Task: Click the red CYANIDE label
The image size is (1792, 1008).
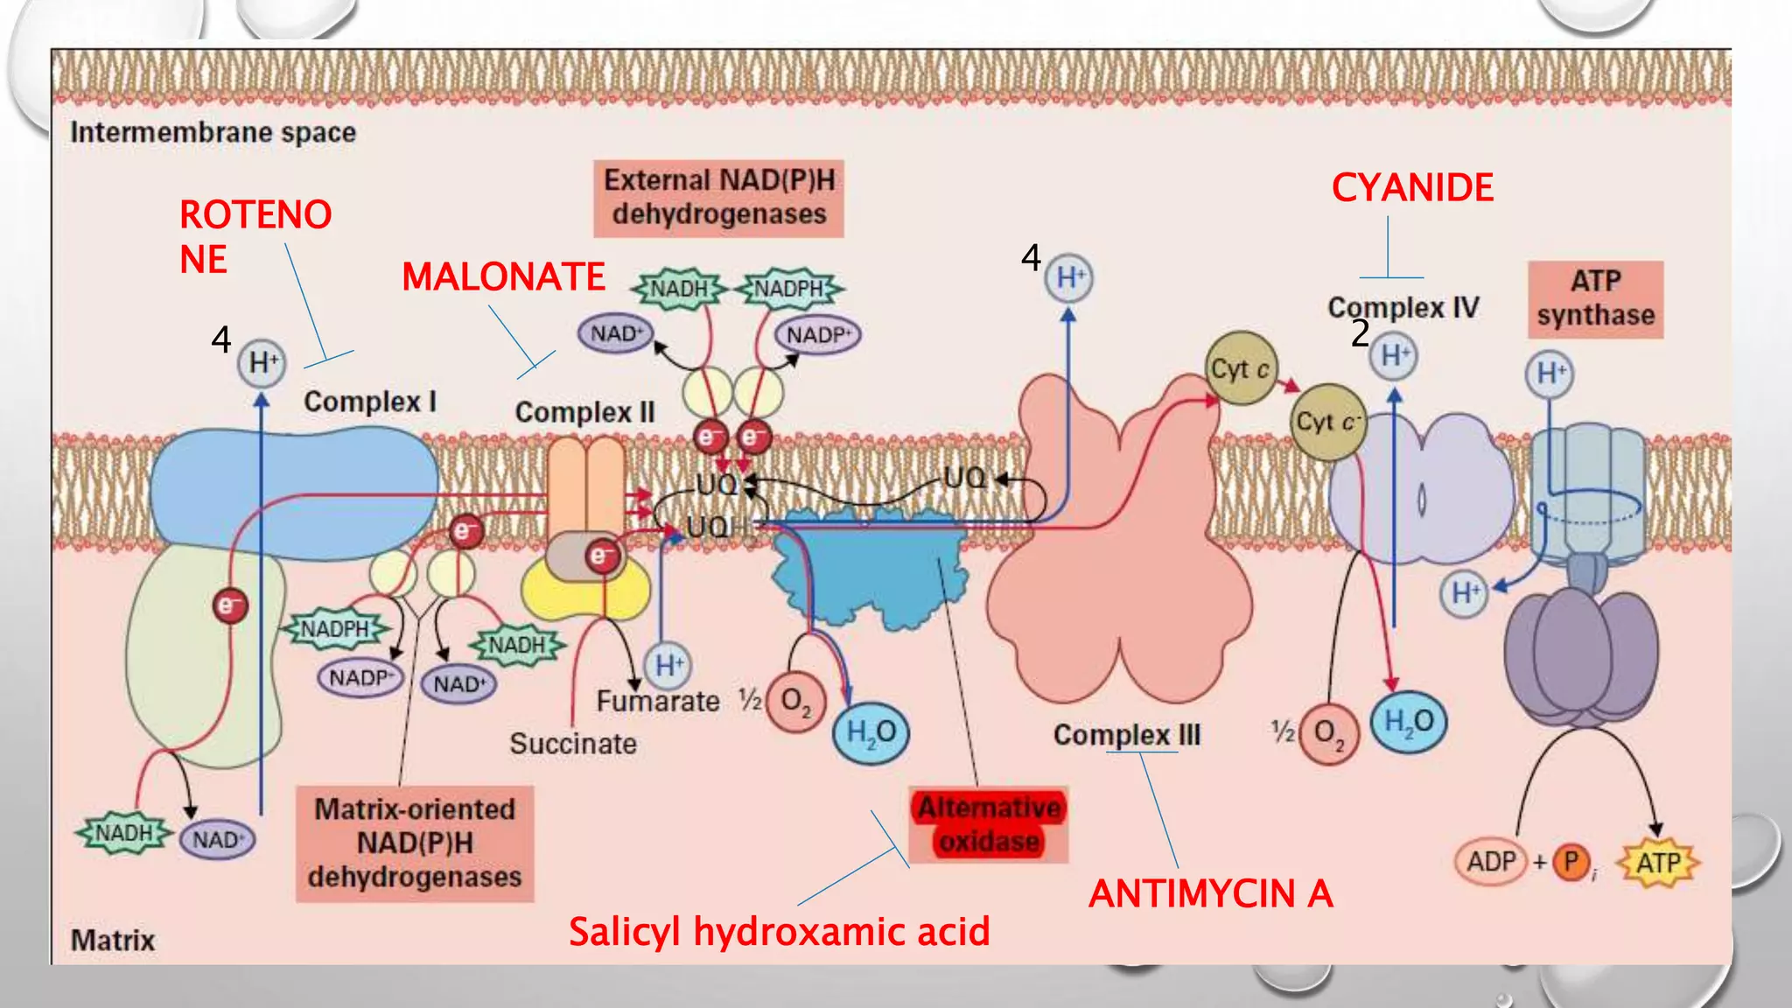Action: pyautogui.click(x=1412, y=188)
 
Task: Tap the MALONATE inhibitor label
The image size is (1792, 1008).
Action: pyautogui.click(x=503, y=277)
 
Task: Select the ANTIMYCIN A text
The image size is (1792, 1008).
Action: pyautogui.click(x=1210, y=893)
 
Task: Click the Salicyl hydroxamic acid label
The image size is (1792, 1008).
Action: pyautogui.click(x=779, y=931)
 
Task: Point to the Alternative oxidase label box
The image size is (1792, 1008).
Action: pyautogui.click(x=989, y=824)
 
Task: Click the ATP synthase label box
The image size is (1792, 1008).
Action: pyautogui.click(x=1595, y=298)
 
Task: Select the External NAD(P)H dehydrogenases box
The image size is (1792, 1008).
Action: pyautogui.click(x=718, y=198)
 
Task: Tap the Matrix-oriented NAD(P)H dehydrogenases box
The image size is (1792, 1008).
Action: pyautogui.click(x=415, y=843)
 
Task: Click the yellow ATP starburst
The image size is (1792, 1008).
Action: pyautogui.click(x=1658, y=863)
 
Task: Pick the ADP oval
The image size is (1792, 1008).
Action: pyautogui.click(x=1491, y=862)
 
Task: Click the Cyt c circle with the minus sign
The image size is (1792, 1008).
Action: pyautogui.click(x=1327, y=423)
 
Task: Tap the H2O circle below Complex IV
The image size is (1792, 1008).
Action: pyautogui.click(x=1409, y=722)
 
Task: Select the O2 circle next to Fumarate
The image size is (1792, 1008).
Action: pyautogui.click(x=795, y=701)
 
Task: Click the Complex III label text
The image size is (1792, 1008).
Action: pyautogui.click(x=1126, y=735)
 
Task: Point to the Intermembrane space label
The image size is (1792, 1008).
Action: pyautogui.click(x=213, y=133)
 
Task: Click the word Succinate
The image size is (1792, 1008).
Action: pyautogui.click(x=573, y=744)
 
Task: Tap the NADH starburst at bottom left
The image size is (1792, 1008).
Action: pyautogui.click(x=123, y=832)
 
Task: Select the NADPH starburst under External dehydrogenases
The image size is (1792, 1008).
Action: pyautogui.click(x=788, y=289)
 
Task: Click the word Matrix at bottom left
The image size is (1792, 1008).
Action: pyautogui.click(x=113, y=941)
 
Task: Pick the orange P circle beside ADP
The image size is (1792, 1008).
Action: pyautogui.click(x=1571, y=862)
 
